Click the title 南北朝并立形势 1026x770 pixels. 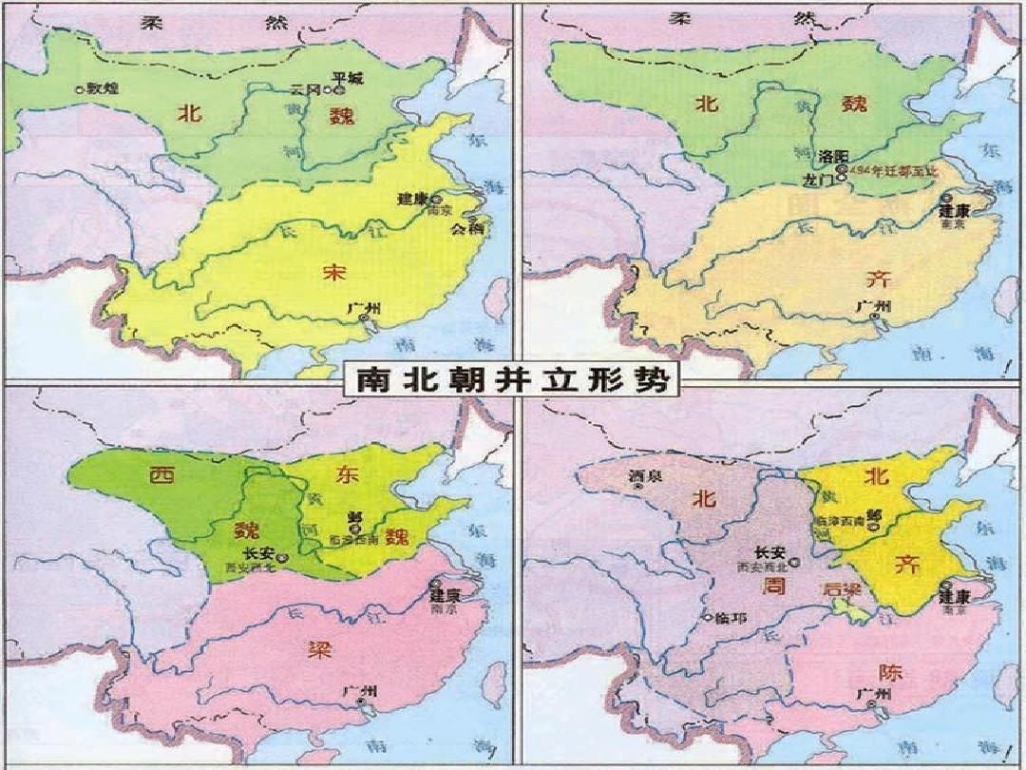(x=513, y=380)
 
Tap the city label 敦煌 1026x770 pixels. (x=102, y=87)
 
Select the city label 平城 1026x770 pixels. (x=349, y=77)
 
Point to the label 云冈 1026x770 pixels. (x=307, y=89)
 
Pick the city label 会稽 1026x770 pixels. (x=467, y=228)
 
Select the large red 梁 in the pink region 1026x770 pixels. (x=316, y=650)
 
